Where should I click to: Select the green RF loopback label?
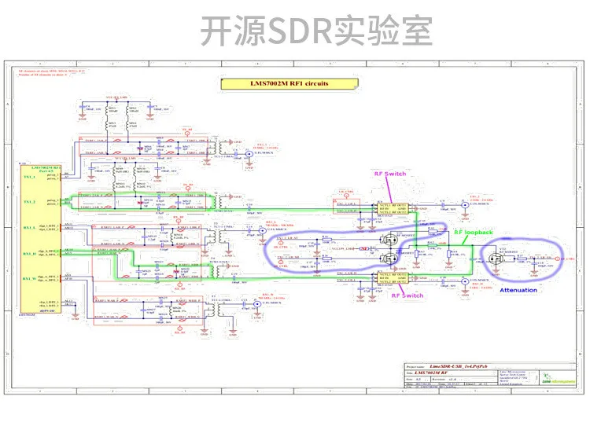[474, 233]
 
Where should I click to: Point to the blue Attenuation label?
[518, 290]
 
